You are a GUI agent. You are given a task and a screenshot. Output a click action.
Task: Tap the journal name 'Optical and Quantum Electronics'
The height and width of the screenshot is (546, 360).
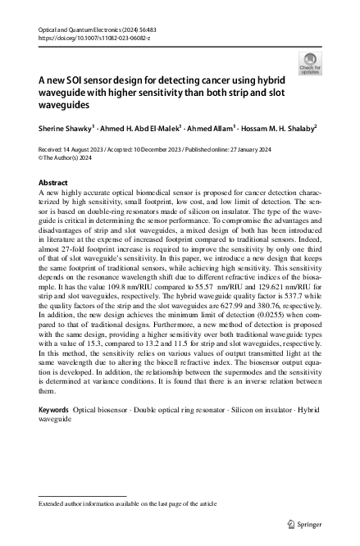click(x=81, y=29)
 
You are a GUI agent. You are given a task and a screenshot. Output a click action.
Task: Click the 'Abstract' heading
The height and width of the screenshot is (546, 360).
click(x=54, y=182)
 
